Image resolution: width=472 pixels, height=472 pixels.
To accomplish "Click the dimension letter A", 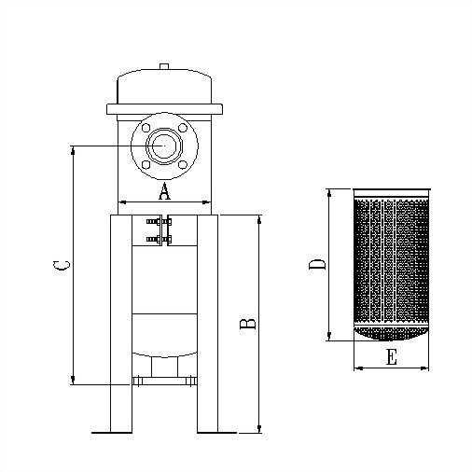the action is click(x=164, y=191).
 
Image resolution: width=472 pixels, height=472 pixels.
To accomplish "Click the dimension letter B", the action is click(x=248, y=324).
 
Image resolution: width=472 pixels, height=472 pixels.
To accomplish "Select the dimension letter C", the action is click(x=62, y=265).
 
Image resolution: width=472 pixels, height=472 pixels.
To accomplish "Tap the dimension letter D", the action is click(x=317, y=264).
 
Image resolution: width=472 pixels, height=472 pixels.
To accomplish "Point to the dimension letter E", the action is click(x=392, y=357).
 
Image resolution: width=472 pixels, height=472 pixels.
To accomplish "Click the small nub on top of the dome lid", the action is click(x=164, y=66).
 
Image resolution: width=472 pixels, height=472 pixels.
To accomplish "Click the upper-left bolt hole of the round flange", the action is click(x=146, y=128).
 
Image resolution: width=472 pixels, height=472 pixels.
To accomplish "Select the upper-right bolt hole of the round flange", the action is click(x=183, y=128).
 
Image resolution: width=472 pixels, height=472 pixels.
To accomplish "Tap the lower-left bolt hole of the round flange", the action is click(x=146, y=164).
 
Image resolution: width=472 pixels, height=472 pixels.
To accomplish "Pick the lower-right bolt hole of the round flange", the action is click(x=183, y=164).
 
